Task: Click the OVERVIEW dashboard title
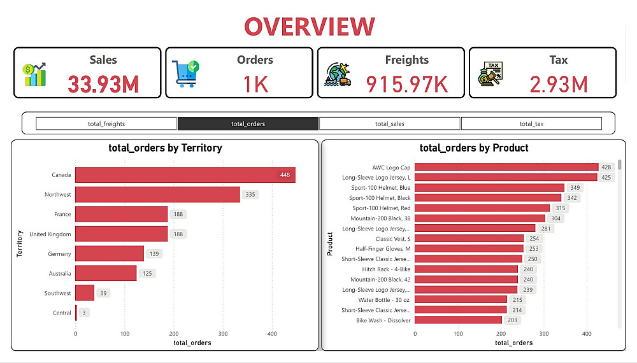pos(310,27)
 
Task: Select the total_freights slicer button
pos(106,124)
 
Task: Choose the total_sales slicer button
pos(389,124)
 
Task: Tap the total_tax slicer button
pos(531,124)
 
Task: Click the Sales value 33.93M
pos(103,84)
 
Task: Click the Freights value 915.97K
pos(407,84)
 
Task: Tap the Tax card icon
pos(490,75)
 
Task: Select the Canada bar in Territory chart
pos(185,174)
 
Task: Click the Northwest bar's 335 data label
pos(250,194)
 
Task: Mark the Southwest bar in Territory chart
pos(85,293)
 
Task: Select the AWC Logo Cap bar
pos(506,167)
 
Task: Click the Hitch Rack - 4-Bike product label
pos(386,269)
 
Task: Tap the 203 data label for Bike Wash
pos(512,320)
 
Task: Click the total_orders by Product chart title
pos(474,148)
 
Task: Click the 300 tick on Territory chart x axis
pos(223,333)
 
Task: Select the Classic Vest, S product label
pos(393,239)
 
